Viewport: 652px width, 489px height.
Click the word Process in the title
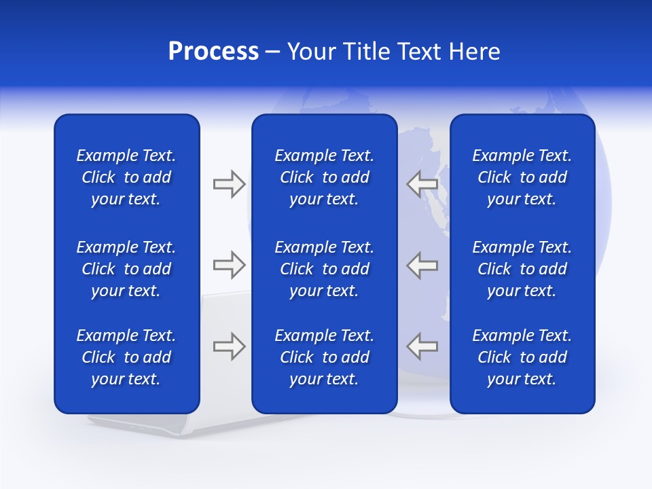tap(213, 52)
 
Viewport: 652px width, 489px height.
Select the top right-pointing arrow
tap(229, 184)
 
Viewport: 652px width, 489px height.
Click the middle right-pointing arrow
tap(229, 265)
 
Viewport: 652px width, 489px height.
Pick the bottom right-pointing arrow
tap(229, 346)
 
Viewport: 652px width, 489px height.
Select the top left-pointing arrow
tap(422, 184)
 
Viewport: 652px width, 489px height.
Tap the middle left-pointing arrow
tap(422, 265)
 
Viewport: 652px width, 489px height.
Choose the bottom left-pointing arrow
tap(422, 346)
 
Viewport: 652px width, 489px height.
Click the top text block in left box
tap(126, 177)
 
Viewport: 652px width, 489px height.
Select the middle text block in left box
tap(126, 269)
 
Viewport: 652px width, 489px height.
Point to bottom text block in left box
tap(126, 357)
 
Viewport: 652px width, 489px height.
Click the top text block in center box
tap(324, 177)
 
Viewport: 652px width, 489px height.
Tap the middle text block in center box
tap(324, 269)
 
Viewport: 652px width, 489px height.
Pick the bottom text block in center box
tap(324, 357)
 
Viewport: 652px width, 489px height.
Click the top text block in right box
tap(522, 177)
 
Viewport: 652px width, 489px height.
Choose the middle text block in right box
tap(522, 269)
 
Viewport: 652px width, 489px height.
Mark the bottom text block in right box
tap(522, 357)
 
